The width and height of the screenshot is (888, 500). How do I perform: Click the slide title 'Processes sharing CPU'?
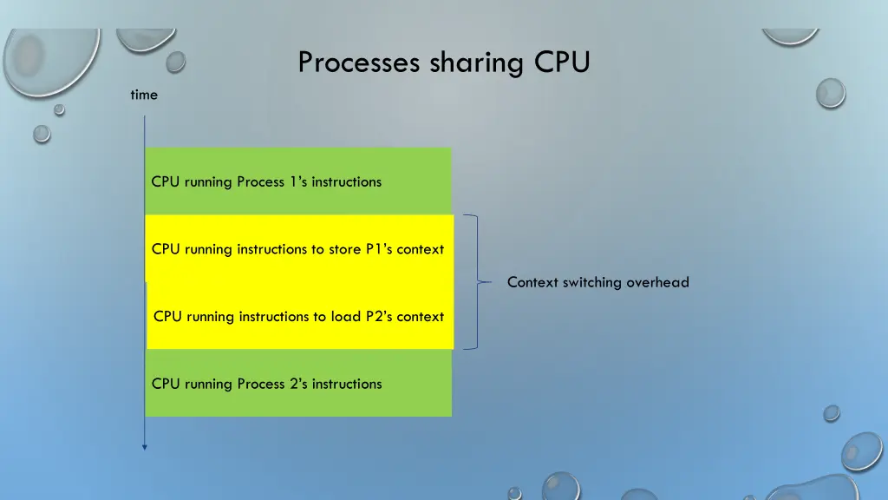(443, 62)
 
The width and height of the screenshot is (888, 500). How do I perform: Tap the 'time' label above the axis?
(144, 95)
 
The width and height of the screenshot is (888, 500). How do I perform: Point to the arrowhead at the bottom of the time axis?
(145, 447)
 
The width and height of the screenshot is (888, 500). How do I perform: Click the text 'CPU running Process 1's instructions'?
(266, 181)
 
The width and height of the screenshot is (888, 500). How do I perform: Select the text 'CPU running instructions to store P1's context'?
(297, 249)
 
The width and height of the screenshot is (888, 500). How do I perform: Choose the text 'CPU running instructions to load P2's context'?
(298, 316)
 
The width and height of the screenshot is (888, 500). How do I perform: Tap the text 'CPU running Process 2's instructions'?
(266, 384)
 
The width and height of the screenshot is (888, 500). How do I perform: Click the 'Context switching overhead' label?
(597, 282)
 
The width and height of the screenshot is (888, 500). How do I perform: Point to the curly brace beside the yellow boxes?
(474, 282)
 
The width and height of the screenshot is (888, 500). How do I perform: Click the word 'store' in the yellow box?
(344, 249)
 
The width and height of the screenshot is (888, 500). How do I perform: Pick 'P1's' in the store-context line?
(379, 249)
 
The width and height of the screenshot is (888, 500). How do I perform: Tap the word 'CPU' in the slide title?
(562, 62)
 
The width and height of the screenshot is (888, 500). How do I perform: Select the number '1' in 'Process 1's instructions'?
(292, 181)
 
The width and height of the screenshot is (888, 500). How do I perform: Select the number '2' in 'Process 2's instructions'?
(293, 384)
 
